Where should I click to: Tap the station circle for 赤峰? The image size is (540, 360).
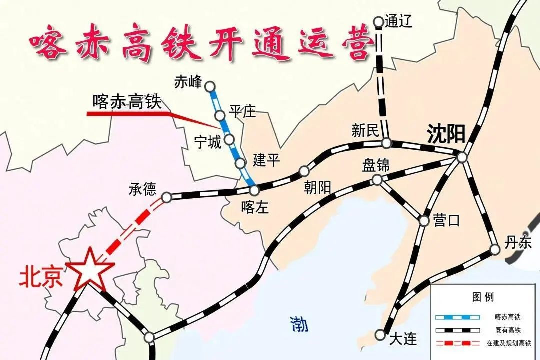click(x=210, y=85)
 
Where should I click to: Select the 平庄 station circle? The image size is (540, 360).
click(x=220, y=116)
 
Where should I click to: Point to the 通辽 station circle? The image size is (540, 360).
click(x=378, y=21)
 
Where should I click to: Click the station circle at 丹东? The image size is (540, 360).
click(x=495, y=249)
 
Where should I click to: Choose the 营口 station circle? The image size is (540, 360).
click(x=424, y=220)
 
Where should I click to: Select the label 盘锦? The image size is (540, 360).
click(x=376, y=165)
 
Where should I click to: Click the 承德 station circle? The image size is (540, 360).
click(x=167, y=197)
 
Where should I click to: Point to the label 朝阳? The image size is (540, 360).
click(x=317, y=187)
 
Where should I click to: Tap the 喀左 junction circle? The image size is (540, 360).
click(x=254, y=190)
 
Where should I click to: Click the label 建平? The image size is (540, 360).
click(x=266, y=160)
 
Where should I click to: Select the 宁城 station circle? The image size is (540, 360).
click(x=229, y=139)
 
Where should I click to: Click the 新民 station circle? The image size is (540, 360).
click(x=386, y=143)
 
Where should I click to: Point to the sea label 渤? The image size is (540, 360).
click(x=299, y=325)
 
